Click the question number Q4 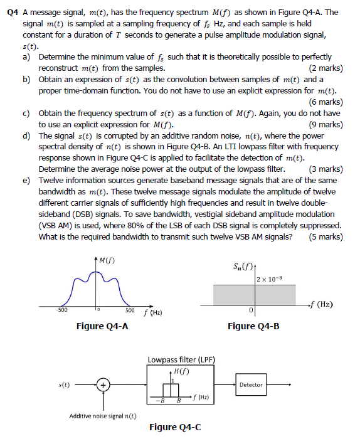[x=10, y=12]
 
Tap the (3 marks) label [x=326, y=169]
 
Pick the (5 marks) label [x=326, y=236]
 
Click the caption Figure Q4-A [x=102, y=325]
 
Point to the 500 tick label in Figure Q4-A [x=130, y=310]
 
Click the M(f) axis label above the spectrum [x=107, y=260]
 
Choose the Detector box [x=251, y=384]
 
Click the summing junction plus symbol [x=104, y=385]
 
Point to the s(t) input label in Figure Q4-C [x=63, y=384]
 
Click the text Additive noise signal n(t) [x=103, y=416]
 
